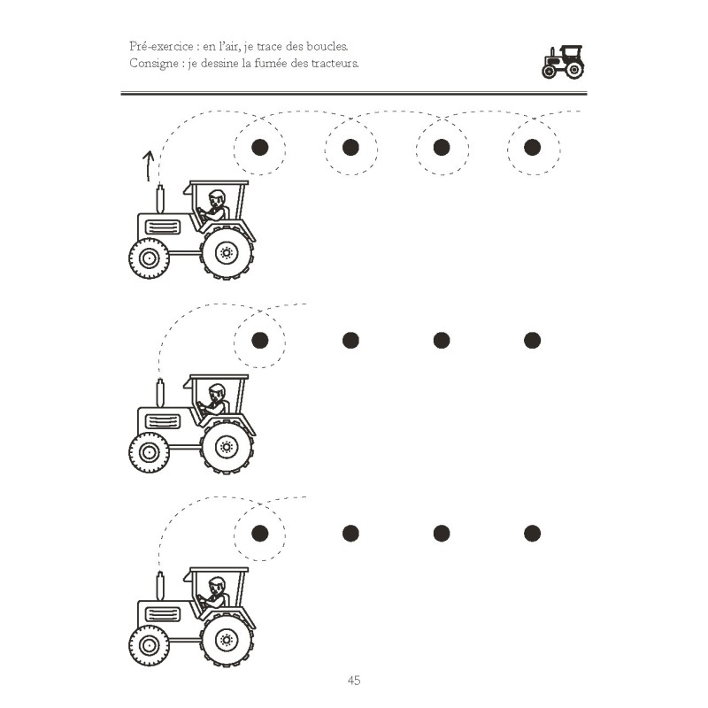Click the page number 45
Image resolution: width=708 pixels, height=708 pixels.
353,681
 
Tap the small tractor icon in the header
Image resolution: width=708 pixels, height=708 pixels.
563,62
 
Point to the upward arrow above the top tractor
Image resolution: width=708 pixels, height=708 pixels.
149,164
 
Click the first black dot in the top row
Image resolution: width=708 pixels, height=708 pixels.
259,147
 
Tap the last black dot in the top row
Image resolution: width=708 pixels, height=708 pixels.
532,147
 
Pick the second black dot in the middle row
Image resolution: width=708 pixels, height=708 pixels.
350,340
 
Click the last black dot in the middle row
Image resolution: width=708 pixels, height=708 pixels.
532,340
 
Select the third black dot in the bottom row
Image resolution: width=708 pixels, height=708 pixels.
442,533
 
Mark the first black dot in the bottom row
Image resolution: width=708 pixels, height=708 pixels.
259,533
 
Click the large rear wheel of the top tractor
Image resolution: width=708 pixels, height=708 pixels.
227,254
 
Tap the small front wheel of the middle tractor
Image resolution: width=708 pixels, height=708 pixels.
149,452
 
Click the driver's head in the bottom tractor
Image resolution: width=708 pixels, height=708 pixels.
217,584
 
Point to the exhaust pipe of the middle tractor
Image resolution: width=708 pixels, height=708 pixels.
160,392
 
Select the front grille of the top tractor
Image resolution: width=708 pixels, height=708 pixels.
162,227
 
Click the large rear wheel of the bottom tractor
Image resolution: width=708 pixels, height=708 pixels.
227,640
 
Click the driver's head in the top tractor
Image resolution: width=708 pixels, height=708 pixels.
217,197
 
